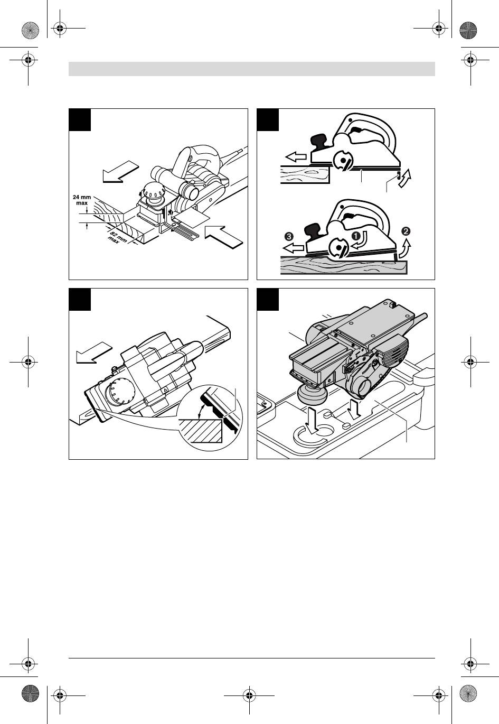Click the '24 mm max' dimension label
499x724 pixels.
[x=82, y=200]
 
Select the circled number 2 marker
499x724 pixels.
[x=406, y=231]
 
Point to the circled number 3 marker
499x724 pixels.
[x=289, y=236]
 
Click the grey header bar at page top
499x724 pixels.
[x=251, y=69]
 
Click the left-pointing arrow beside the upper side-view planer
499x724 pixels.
[x=296, y=157]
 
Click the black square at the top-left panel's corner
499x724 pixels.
[x=80, y=119]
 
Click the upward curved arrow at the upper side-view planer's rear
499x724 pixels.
[x=406, y=179]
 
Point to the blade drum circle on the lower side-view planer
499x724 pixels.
[x=338, y=248]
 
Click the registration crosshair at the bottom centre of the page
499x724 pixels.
[x=249, y=695]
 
